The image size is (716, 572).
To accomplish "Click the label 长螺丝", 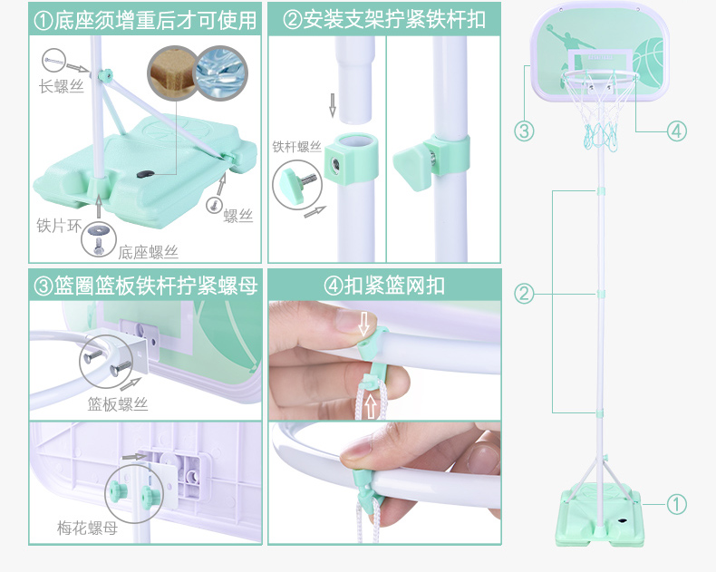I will (x=60, y=87).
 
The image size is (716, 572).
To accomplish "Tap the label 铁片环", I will (x=55, y=224).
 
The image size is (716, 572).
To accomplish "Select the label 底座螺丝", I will (x=148, y=252).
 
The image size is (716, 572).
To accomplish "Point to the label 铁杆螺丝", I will (x=297, y=146).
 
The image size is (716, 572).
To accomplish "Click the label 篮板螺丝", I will (x=118, y=404).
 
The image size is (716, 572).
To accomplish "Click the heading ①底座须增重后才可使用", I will (x=145, y=20).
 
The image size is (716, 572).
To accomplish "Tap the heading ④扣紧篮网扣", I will (x=384, y=286).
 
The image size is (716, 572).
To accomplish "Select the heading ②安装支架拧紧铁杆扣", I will (x=384, y=20).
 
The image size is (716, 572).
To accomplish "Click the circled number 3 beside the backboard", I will (x=524, y=131).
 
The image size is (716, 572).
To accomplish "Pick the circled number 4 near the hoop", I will (x=676, y=131).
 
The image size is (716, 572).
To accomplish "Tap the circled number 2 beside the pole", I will (x=524, y=294).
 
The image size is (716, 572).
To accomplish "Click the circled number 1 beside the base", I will (x=676, y=504).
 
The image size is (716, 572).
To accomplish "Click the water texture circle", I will (x=221, y=72).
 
